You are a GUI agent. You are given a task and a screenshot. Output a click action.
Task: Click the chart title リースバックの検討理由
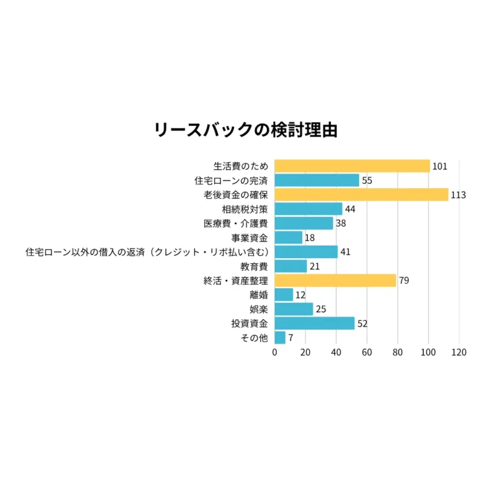(245, 130)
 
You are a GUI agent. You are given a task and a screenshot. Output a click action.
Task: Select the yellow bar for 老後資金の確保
(361, 195)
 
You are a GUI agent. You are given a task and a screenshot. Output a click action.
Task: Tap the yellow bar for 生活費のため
(352, 166)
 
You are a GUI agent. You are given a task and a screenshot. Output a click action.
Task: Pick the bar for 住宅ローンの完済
(317, 181)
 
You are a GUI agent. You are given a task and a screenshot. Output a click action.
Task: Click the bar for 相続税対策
(308, 209)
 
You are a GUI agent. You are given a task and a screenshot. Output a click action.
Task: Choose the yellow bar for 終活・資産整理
(336, 281)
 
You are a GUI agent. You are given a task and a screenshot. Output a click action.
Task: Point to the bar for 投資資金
(315, 324)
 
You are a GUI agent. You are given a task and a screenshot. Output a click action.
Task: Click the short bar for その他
(280, 338)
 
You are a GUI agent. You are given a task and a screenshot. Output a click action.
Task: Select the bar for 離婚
(284, 295)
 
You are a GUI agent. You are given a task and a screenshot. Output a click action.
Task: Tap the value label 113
(458, 195)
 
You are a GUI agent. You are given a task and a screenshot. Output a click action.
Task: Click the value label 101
(439, 167)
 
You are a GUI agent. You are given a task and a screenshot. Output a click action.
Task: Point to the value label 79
(404, 281)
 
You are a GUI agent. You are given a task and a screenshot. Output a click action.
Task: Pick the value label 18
(310, 238)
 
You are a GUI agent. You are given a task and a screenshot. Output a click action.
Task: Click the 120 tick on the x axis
(459, 353)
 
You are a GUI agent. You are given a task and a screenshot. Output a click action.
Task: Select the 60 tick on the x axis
(367, 353)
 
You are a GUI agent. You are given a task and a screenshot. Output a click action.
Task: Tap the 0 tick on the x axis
(275, 353)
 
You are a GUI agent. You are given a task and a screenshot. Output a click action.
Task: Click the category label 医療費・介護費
(236, 223)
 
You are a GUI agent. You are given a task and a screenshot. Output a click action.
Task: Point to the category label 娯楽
(259, 309)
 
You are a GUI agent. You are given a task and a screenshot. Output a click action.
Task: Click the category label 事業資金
(249, 238)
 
